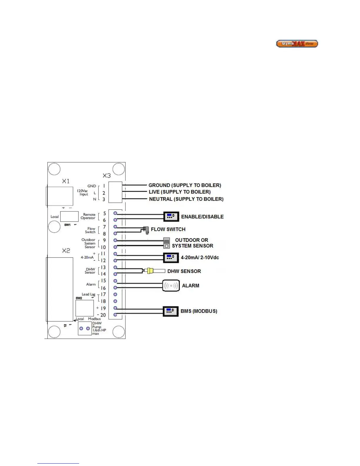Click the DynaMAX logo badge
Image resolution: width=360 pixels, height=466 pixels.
297,44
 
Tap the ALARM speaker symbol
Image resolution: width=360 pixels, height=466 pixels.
171,285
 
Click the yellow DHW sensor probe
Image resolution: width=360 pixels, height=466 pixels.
151,271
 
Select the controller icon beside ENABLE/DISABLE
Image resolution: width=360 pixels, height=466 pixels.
171,217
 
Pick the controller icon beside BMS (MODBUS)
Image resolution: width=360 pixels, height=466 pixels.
171,311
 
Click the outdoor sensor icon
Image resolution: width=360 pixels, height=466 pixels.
167,243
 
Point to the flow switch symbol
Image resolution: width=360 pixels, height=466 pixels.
146,230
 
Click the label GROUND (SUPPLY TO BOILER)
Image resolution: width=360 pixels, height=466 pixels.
185,185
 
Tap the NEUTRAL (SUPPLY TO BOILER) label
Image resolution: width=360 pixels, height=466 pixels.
186,199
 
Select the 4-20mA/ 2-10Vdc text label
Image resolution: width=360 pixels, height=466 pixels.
200,257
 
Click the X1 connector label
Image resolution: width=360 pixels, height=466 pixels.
66,181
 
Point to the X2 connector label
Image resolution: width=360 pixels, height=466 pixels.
66,251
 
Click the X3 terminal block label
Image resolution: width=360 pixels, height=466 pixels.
106,176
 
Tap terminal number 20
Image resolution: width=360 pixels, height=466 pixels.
103,315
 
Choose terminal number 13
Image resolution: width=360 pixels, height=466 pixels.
103,267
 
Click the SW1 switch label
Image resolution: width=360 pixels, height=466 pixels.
67,225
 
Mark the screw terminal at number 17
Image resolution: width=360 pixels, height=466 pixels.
115,294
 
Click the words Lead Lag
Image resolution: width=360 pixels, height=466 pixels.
88,294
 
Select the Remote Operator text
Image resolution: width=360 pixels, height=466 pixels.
88,216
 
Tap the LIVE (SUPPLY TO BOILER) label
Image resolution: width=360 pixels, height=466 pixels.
179,192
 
